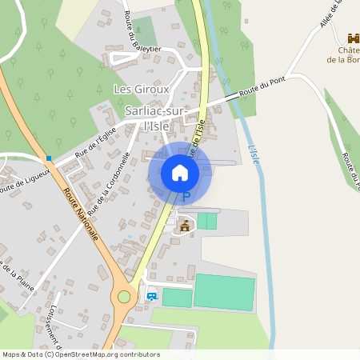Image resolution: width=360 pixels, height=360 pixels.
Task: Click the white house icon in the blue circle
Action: [x=180, y=173]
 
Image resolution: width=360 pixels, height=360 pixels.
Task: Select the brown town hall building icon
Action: [x=186, y=226]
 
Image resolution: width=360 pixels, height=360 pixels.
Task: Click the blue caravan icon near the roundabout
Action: [x=152, y=296]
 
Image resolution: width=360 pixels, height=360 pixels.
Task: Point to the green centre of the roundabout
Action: [x=124, y=297]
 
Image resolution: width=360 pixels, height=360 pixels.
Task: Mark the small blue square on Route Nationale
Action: [x=50, y=158]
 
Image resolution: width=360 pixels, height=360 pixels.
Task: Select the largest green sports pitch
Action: [x=224, y=292]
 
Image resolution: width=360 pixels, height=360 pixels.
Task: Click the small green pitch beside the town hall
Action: [x=207, y=221]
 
